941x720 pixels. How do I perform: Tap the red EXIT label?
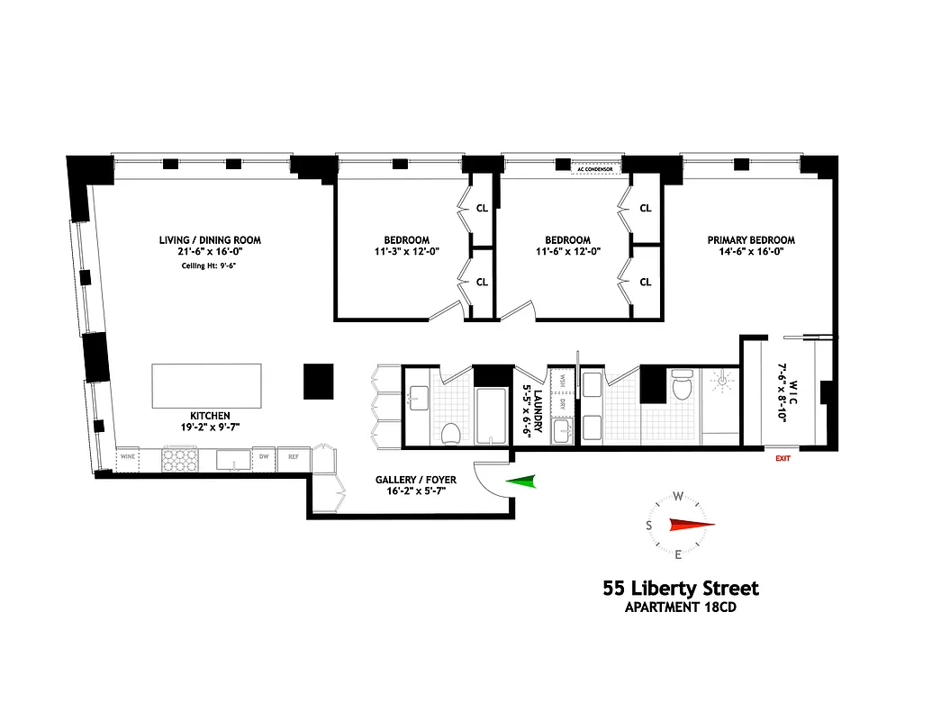[x=783, y=458]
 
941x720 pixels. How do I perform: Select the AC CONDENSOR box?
[x=597, y=168]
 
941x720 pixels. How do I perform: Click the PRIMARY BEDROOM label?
[x=751, y=240]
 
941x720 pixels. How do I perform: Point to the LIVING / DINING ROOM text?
[x=210, y=240]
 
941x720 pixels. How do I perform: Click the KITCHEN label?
[x=209, y=416]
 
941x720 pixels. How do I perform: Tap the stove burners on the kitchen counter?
[x=178, y=459]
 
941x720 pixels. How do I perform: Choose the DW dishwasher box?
[x=263, y=458]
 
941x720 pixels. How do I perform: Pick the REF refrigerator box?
[x=294, y=458]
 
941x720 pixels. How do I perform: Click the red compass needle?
[x=691, y=525]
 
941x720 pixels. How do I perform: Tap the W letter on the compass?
[x=680, y=496]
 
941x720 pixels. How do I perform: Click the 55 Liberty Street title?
[x=681, y=589]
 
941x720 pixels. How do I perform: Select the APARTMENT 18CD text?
[x=681, y=607]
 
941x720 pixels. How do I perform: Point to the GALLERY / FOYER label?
[x=422, y=480]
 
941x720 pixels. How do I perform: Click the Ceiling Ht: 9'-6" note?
[x=209, y=265]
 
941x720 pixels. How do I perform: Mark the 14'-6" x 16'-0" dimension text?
[x=751, y=253]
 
